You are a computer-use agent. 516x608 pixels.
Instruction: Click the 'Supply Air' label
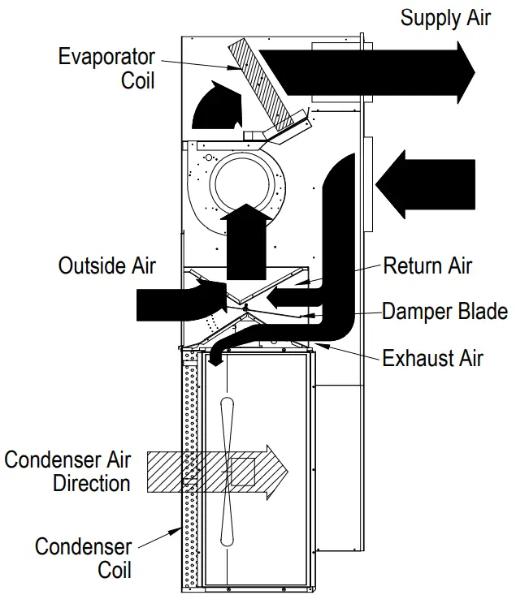[x=445, y=18]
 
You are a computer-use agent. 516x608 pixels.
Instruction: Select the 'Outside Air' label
[x=106, y=265]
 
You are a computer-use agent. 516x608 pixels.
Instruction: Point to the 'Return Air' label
[x=427, y=265]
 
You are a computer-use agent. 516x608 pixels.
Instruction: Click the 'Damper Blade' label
[x=445, y=311]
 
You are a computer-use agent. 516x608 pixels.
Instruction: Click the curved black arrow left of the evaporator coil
[x=215, y=106]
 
